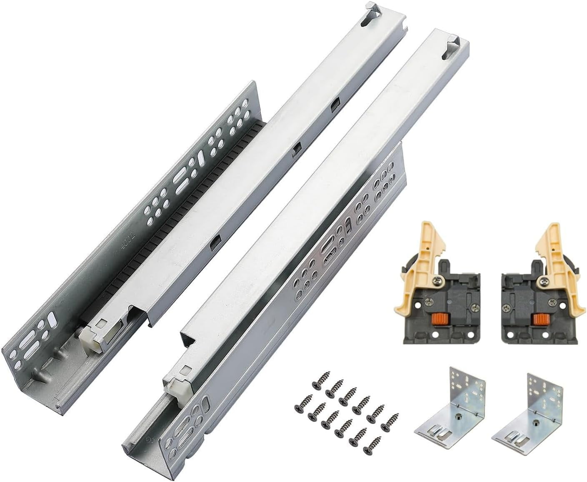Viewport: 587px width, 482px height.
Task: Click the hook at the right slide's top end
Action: (x=454, y=45)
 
